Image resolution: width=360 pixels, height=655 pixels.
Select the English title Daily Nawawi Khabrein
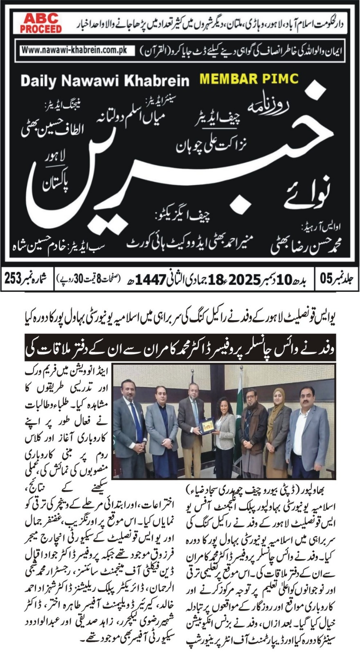coord(105,81)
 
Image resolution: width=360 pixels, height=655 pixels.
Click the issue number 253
coord(15,280)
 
